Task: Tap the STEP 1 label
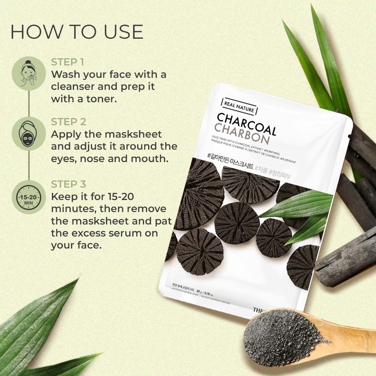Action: tap(68, 62)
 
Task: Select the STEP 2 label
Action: tap(69, 122)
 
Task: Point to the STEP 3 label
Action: tap(69, 184)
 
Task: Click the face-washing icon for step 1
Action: tap(29, 73)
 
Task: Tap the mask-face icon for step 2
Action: tap(29, 134)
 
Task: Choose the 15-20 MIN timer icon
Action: tap(29, 197)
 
